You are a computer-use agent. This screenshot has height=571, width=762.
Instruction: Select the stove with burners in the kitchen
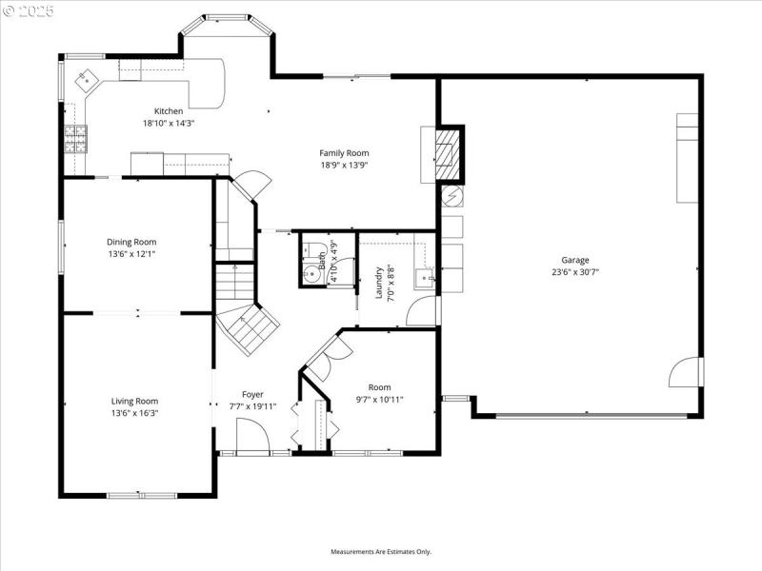pos(75,140)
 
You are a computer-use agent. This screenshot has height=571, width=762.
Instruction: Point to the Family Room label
pos(344,153)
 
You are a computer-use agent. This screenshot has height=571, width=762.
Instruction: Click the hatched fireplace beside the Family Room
pos(450,153)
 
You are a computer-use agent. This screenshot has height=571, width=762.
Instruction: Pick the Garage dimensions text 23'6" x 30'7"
pos(574,271)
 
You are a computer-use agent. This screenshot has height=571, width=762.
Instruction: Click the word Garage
pos(574,260)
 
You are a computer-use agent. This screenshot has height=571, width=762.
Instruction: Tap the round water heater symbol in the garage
pos(451,196)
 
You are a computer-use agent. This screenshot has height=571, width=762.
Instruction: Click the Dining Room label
pos(131,242)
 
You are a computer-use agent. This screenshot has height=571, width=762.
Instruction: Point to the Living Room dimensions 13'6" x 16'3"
pos(134,413)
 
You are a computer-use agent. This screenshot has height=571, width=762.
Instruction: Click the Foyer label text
pos(252,394)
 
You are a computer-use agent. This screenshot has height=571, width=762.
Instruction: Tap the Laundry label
pos(379,283)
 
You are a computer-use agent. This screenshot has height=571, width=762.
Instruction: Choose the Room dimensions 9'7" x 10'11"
pos(379,400)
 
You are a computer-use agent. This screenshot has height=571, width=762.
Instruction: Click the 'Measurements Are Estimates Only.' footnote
pos(381,552)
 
